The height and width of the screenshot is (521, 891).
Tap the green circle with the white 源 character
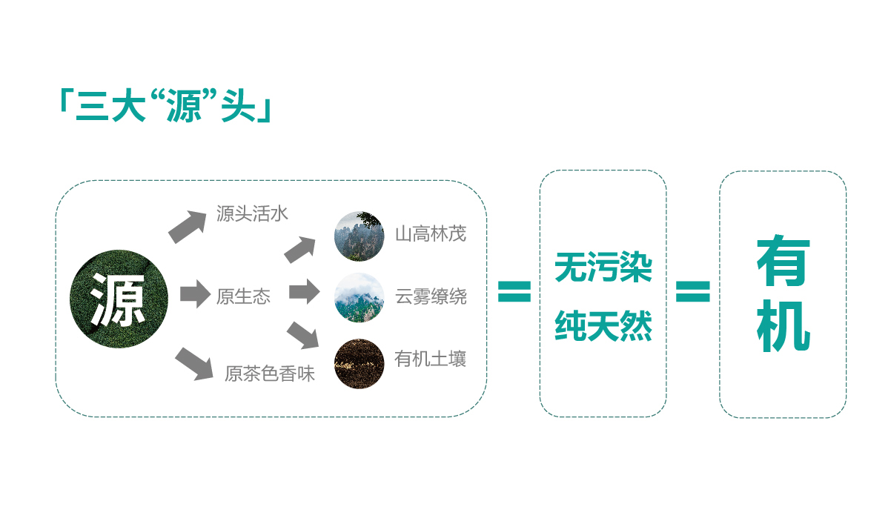point(119,299)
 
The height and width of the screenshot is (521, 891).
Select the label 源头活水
point(252,213)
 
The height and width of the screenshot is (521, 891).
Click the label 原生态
point(243,296)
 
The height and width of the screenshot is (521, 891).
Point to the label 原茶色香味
point(270,374)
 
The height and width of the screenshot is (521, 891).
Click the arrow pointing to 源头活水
point(188,227)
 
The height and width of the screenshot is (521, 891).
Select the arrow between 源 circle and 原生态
point(195,294)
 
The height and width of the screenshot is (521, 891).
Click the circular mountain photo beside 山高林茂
point(360,236)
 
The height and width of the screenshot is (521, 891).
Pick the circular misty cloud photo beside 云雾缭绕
point(360,297)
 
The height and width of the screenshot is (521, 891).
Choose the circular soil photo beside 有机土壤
point(360,363)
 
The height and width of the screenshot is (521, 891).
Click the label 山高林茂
point(431,234)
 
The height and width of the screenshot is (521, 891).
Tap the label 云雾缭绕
point(431,296)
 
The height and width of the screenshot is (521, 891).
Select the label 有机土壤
point(430,359)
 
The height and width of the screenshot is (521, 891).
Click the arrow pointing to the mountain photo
point(300,250)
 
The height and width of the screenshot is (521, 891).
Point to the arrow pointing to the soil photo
point(302,335)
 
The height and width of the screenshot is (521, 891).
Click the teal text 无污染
point(603,268)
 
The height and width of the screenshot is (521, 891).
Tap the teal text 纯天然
point(603,326)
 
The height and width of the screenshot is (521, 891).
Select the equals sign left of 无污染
point(514,291)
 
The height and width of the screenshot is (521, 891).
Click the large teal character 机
point(783,326)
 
